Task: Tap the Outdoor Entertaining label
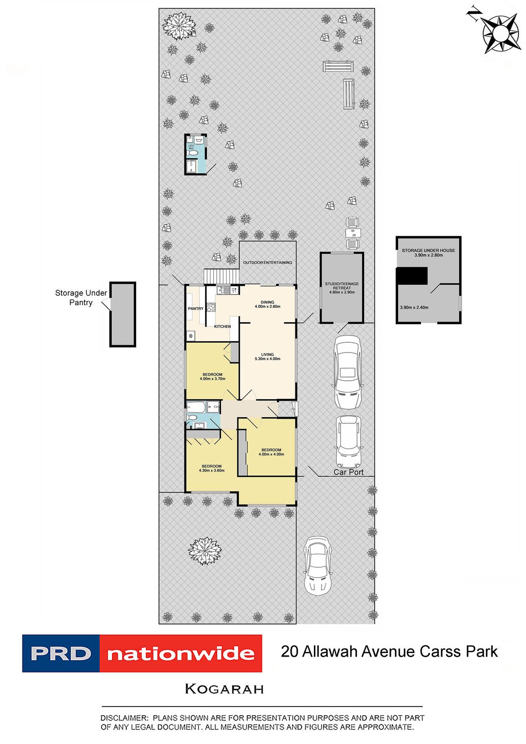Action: [268, 263]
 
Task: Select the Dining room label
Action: [267, 303]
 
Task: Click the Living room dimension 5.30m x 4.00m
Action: [267, 359]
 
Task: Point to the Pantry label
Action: [196, 309]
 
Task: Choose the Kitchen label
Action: [222, 327]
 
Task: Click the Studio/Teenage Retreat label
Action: [342, 286]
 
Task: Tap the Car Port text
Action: [348, 472]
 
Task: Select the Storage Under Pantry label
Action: [81, 298]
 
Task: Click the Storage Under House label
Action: [428, 251]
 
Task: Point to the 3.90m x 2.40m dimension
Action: [414, 307]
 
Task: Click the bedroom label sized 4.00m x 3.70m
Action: [212, 375]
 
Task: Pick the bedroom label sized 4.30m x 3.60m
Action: [212, 467]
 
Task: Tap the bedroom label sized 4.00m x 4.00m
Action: [271, 450]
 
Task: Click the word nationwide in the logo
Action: [181, 654]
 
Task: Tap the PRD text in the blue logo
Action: [61, 654]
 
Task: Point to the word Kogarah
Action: [224, 689]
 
